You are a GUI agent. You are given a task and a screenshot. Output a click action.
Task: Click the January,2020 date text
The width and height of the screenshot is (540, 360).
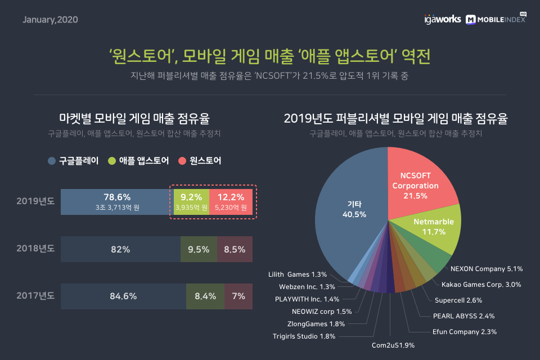point(50,20)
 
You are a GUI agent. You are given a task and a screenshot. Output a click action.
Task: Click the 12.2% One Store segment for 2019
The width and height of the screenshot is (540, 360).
point(231,201)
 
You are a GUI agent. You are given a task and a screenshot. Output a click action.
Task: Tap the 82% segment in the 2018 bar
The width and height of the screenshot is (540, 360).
point(120,249)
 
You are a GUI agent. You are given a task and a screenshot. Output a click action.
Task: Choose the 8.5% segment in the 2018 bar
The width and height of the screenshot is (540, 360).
point(235,249)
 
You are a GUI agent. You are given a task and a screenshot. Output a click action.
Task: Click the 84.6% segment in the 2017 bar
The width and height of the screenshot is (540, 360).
point(123,296)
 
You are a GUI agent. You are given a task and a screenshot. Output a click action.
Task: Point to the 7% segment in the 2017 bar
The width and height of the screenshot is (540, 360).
point(238,296)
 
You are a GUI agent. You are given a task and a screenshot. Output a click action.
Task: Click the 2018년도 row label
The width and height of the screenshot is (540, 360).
point(35,249)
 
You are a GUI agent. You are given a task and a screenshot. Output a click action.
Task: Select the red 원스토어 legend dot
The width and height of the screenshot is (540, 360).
point(182,161)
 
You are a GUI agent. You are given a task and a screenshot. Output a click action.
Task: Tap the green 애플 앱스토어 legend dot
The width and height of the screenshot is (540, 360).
point(111,161)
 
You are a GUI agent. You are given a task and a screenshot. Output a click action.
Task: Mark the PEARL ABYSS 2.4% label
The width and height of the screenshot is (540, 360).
point(463,316)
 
